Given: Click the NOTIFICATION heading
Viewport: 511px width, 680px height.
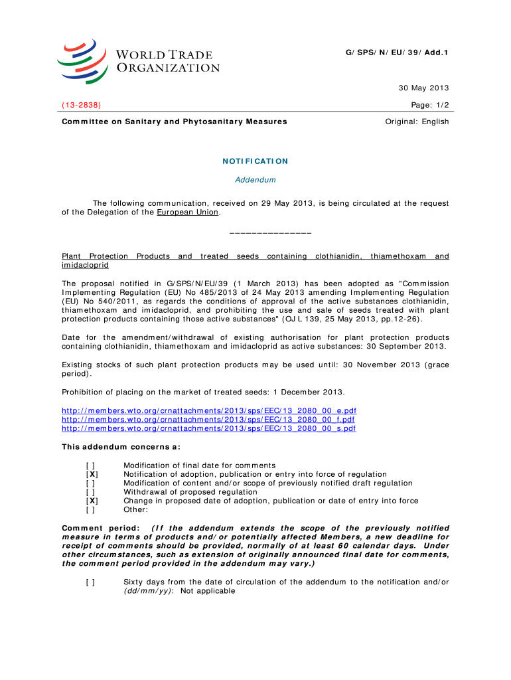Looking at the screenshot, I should (x=256, y=161).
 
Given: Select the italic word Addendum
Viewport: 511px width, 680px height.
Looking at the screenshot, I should (x=256, y=180).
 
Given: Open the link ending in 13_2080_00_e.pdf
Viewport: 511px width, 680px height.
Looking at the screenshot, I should (x=209, y=411).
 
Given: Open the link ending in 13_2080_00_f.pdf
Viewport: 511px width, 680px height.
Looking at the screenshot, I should (x=208, y=420).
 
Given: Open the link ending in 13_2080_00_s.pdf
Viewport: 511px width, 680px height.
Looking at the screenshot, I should (x=209, y=429).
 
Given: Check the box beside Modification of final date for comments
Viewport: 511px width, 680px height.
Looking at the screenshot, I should (x=90, y=466).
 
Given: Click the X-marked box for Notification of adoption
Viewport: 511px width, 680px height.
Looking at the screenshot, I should (x=92, y=474).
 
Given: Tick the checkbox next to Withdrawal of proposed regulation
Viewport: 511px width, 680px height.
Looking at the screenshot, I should (x=90, y=492).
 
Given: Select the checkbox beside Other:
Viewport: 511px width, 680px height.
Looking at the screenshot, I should (x=90, y=510).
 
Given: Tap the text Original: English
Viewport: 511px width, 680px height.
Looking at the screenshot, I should (x=417, y=122).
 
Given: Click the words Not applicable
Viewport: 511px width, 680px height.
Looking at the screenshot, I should (x=208, y=590).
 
